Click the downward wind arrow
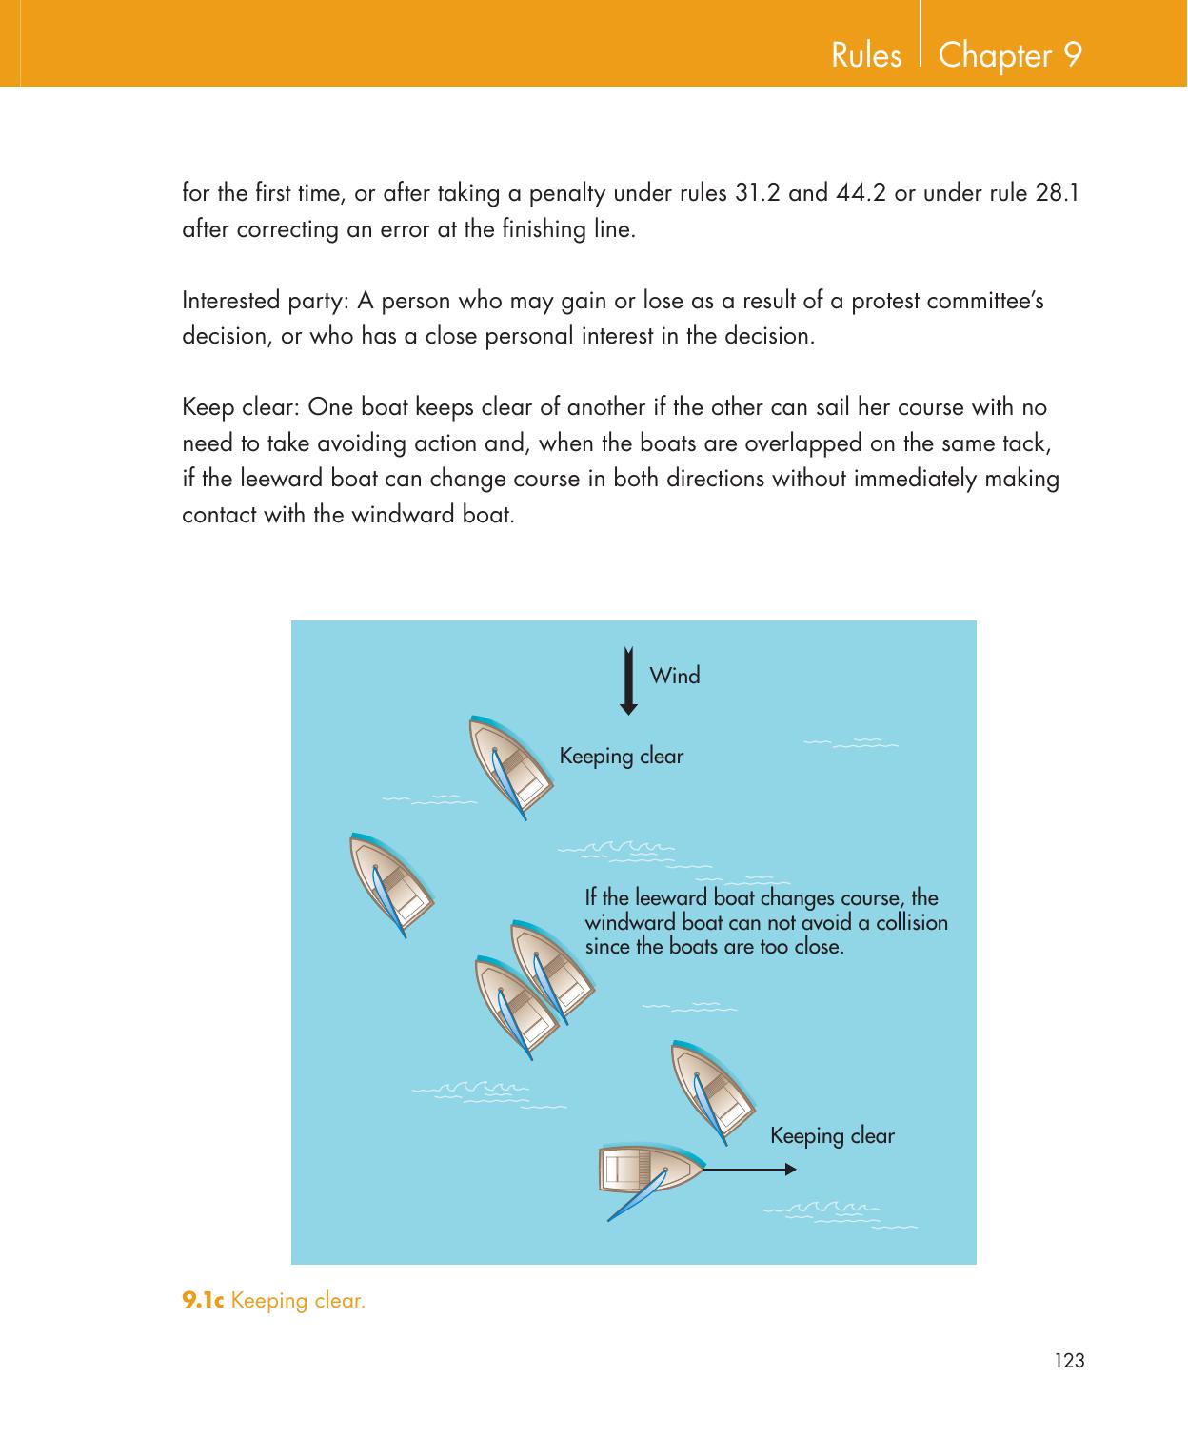(628, 680)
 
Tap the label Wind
(674, 677)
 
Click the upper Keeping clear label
(622, 757)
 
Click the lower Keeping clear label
(832, 1136)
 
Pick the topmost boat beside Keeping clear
(512, 765)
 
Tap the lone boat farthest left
(391, 884)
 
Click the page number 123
(1070, 1362)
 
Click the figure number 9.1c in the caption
(203, 1300)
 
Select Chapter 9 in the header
(1010, 55)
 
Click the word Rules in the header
(866, 56)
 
